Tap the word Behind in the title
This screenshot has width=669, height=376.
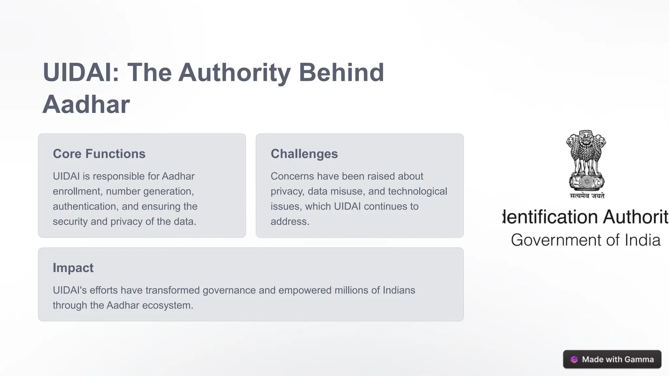(341, 72)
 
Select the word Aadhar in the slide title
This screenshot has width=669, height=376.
(86, 104)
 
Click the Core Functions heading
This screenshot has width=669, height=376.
(99, 154)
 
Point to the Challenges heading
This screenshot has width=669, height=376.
(304, 154)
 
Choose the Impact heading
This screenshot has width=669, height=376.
(73, 268)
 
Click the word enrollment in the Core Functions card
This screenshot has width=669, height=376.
(76, 191)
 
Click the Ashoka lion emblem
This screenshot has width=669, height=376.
(586, 160)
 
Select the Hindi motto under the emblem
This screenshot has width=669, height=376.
(587, 196)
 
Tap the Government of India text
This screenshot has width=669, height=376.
(585, 240)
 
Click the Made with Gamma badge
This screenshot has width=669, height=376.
(612, 359)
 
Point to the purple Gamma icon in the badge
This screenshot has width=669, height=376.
(574, 359)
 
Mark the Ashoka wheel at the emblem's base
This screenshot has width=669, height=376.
(587, 181)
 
